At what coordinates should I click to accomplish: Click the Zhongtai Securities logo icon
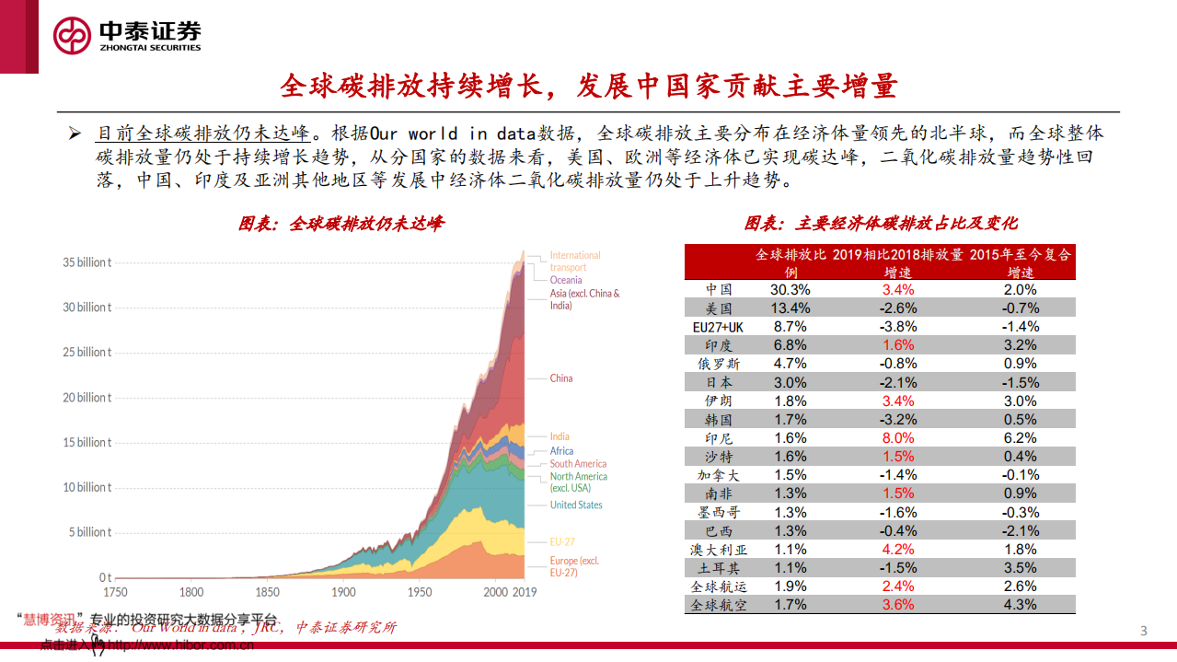73,36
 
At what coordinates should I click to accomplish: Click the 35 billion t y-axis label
87,262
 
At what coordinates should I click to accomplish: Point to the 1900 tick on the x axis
344,592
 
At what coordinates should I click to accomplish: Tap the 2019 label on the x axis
525,592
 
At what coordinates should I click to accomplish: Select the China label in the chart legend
561,378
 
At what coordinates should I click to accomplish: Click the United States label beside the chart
576,505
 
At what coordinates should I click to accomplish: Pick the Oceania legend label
566,280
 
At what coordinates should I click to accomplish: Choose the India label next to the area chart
560,436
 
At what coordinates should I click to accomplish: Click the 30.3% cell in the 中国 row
790,289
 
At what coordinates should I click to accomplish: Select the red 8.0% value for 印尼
898,438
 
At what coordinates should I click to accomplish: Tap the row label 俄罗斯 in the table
719,364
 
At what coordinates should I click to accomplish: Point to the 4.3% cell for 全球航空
1020,605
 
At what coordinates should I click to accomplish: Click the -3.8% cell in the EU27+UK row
898,327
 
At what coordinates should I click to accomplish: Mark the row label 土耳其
719,568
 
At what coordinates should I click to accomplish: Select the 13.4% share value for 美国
790,308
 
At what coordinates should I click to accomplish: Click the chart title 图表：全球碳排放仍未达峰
341,224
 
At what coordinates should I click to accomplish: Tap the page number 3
1144,631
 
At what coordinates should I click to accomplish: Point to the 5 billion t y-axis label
90,532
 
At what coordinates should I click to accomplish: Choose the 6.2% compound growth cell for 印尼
1020,438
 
